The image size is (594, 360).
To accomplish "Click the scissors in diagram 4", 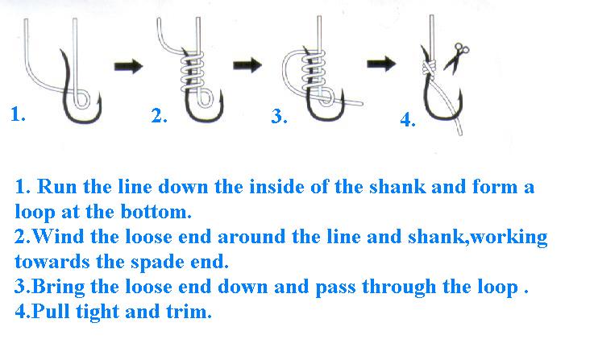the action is [x=456, y=57].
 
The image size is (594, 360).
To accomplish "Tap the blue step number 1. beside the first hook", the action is [x=19, y=114].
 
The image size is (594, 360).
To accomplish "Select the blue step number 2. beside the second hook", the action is [x=159, y=115].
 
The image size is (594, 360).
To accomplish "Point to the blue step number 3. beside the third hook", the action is [x=279, y=116].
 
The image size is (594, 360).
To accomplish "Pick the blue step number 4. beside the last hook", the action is [x=408, y=120].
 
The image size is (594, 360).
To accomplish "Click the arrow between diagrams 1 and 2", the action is [x=128, y=66].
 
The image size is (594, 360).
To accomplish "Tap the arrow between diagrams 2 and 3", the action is [x=247, y=64].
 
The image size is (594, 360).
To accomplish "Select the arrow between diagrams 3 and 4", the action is [x=381, y=63].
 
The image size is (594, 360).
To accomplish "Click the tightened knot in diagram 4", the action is [x=429, y=67].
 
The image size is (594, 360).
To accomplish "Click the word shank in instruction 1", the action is [x=397, y=187].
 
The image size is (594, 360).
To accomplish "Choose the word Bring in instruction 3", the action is [x=58, y=288].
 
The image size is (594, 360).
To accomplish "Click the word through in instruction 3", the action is [x=398, y=287].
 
